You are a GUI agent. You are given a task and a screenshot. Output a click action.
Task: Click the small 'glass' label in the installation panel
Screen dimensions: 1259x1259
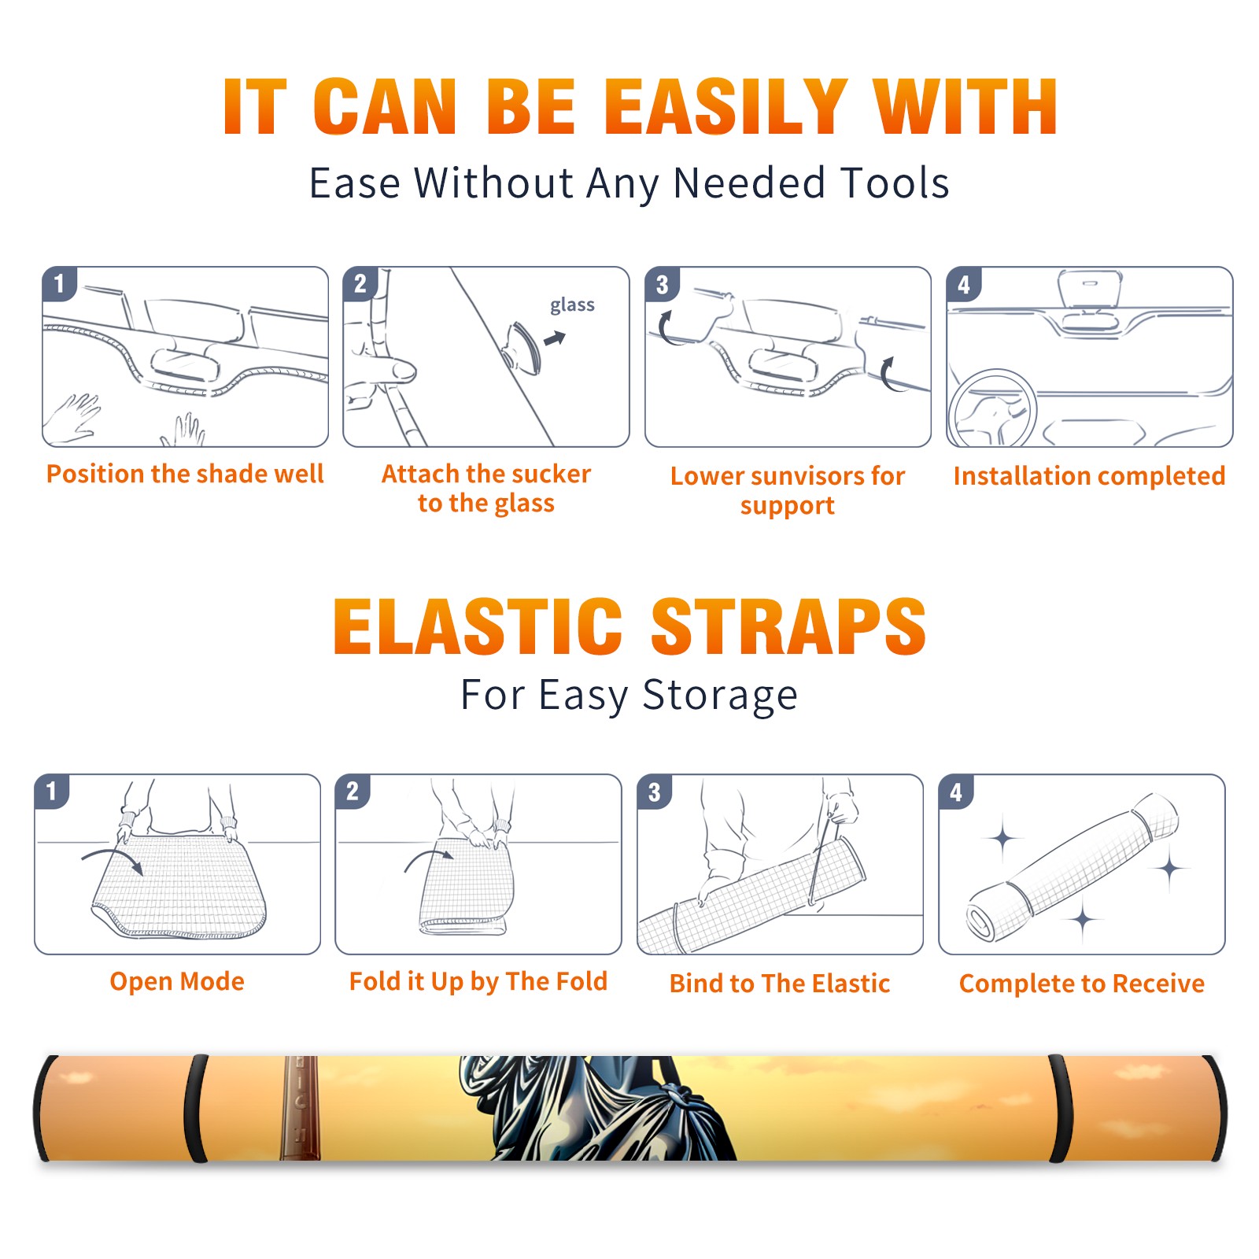pyautogui.click(x=572, y=305)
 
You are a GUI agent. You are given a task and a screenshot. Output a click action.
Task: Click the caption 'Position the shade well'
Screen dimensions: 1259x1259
pyautogui.click(x=185, y=474)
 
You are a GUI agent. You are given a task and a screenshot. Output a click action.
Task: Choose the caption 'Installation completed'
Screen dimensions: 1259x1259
pyautogui.click(x=1089, y=476)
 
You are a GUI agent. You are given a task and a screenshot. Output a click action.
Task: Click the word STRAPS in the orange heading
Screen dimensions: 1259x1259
pyautogui.click(x=788, y=626)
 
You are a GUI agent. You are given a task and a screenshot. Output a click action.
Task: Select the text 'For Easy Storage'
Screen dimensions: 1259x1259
pyautogui.click(x=629, y=696)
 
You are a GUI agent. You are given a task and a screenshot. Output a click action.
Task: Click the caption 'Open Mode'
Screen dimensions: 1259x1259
pyautogui.click(x=177, y=982)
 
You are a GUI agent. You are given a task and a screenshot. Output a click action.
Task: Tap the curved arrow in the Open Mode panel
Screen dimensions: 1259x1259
pyautogui.click(x=113, y=859)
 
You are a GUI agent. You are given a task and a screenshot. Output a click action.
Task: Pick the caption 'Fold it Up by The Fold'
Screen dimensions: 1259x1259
pyautogui.click(x=478, y=982)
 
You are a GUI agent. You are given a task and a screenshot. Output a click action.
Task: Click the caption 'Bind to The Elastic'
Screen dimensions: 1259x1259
pyautogui.click(x=780, y=984)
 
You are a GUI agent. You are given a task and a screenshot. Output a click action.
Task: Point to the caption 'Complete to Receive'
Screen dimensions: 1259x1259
pyautogui.click(x=1082, y=984)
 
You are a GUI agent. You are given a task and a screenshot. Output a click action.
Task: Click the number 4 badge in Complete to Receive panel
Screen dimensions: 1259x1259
pyautogui.click(x=956, y=792)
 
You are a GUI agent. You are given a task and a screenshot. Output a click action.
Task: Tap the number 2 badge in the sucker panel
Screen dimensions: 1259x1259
pyautogui.click(x=360, y=284)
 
